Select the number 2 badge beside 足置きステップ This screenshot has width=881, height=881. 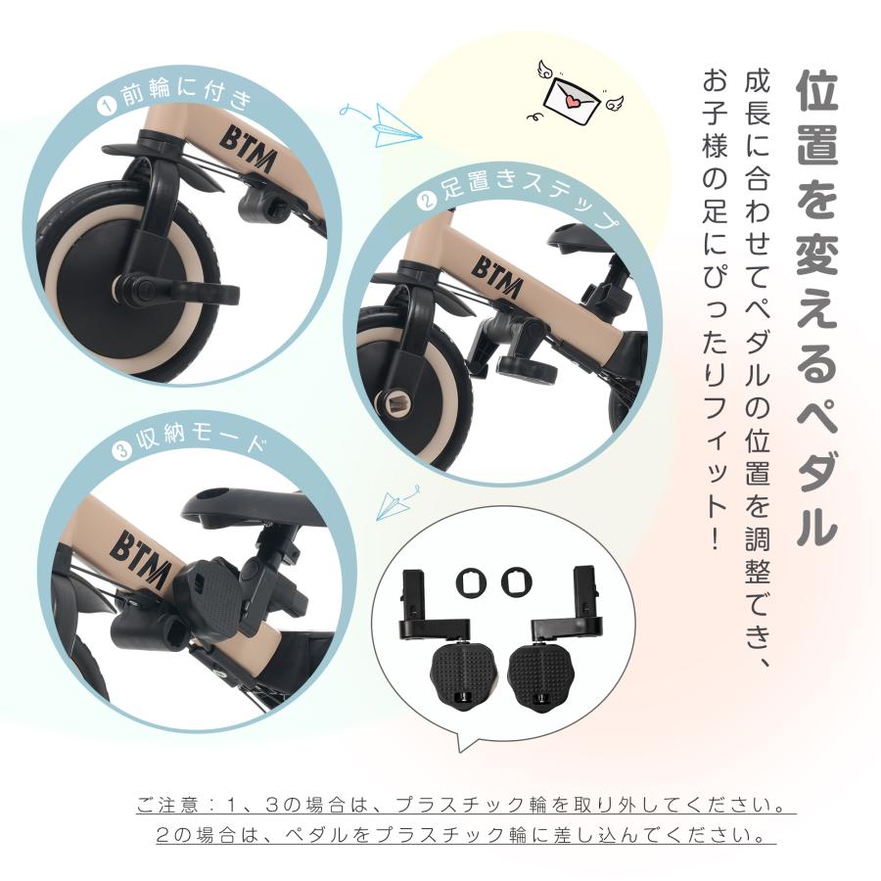pyautogui.click(x=426, y=203)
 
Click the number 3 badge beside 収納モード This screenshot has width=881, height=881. pyautogui.click(x=121, y=450)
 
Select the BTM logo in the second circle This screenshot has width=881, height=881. pyautogui.click(x=497, y=267)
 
